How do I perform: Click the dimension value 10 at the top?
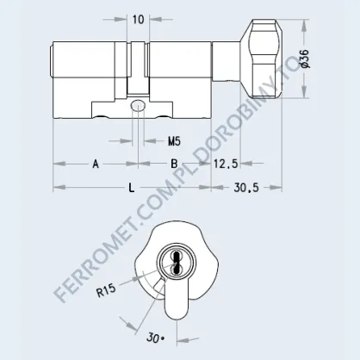pos(138,20)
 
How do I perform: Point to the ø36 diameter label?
pos(305,59)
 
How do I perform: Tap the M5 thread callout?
pos(174,141)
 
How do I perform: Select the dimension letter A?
pos(96,164)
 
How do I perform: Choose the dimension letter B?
pos(174,164)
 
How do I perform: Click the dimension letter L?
pos(131,188)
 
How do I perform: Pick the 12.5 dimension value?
pos(226,164)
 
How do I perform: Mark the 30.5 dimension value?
pos(246,188)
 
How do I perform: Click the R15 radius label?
pos(106,290)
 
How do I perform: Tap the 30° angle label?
pos(155,338)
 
